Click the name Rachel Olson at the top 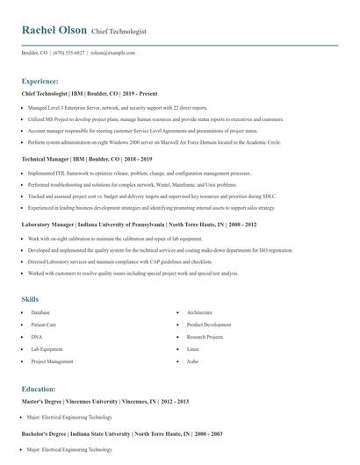click(54, 30)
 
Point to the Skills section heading click(30, 299)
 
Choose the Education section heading click(39, 388)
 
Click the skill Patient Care click(44, 325)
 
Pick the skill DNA click(36, 337)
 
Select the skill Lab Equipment click(47, 349)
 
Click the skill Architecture click(199, 312)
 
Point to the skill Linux click(193, 349)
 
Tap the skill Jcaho click(193, 361)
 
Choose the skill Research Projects click(205, 337)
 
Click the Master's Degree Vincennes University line click(104, 402)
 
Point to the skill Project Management click(52, 361)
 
